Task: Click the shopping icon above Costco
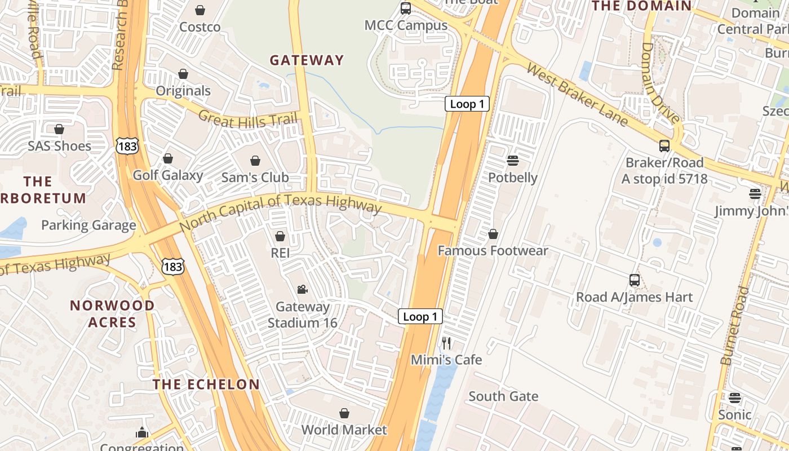[x=200, y=10]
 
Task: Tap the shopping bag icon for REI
[x=280, y=236]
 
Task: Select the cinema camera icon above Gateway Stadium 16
[x=302, y=289]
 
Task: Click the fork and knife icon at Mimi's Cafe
[x=446, y=343]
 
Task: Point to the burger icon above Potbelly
[x=512, y=161]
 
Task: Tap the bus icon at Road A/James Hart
[x=634, y=280]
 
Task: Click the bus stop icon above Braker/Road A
[x=664, y=146]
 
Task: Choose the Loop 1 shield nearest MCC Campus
[x=467, y=104]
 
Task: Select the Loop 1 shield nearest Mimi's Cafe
[x=420, y=316]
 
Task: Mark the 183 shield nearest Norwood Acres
[x=172, y=266]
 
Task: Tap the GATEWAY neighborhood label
[x=307, y=60]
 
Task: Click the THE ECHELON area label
[x=206, y=384]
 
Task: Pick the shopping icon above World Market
[x=344, y=413]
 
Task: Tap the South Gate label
[x=503, y=396]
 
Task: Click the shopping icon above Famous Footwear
[x=493, y=234]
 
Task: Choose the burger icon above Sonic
[x=734, y=398]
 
